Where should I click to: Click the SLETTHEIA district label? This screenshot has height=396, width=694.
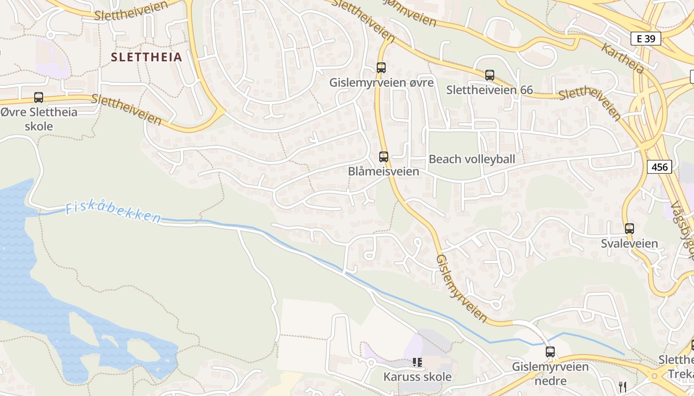pos(146,57)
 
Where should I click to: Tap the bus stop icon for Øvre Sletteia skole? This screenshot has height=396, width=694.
pos(39,98)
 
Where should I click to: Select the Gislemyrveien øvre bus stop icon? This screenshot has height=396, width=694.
pos(381,68)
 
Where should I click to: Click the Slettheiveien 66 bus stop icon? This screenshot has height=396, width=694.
pos(490,75)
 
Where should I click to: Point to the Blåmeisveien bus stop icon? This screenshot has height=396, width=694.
pos(384,157)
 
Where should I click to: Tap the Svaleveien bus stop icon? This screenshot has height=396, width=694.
pos(630,229)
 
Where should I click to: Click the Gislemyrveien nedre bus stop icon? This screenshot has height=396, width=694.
pos(550,352)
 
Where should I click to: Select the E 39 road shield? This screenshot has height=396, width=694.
pos(646,39)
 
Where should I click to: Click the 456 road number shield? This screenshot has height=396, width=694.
pos(659,167)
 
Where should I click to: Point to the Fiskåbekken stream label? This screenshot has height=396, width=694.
pos(114,212)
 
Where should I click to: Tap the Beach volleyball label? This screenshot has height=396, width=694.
pos(472,159)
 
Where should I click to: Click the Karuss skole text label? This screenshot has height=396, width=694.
pos(417,377)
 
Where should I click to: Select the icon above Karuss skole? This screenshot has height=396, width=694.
pos(417,362)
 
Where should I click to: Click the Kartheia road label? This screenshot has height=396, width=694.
pos(623,58)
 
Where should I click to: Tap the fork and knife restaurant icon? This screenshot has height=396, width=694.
pos(623,386)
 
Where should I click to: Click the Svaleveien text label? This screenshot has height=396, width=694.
pos(630,244)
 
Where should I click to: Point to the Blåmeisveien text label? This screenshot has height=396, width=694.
pos(383,171)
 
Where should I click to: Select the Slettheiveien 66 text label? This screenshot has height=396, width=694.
pos(489,90)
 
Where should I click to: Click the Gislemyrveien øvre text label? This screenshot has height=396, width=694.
pos(381,83)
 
